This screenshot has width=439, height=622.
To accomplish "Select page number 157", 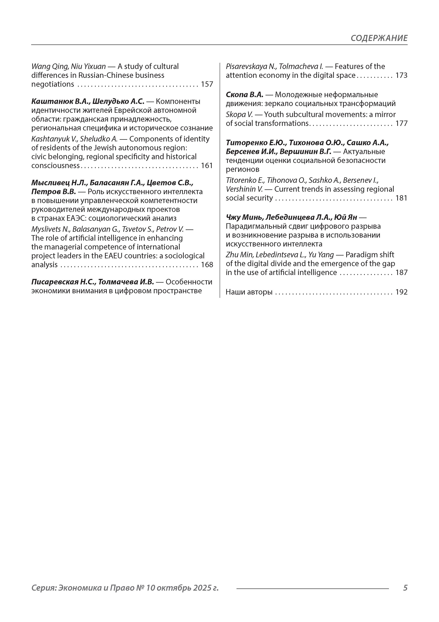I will pyautogui.click(x=207, y=84).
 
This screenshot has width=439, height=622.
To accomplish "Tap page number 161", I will pyautogui.click(x=207, y=166).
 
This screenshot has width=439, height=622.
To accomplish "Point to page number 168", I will pyautogui.click(x=207, y=265).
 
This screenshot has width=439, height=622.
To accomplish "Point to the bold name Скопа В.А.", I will pyautogui.click(x=244, y=95).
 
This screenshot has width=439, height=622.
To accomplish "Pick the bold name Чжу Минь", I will pyautogui.click(x=244, y=217).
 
